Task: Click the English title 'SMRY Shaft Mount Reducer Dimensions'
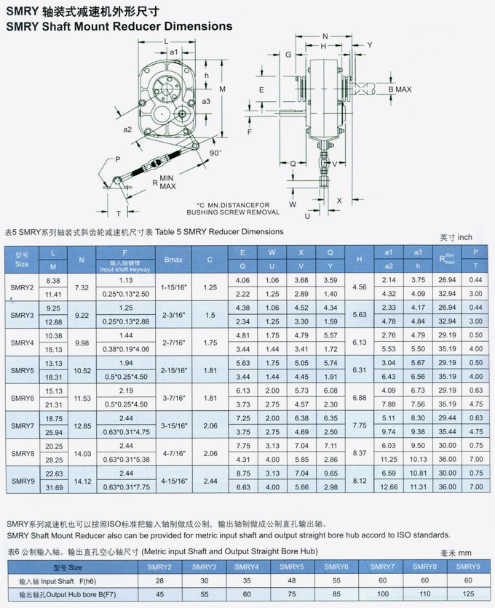pos(119,26)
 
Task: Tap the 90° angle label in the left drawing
pos(214,153)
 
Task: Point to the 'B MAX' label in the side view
pos(400,89)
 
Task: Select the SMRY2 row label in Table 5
pos(22,287)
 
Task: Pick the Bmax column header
pos(173,260)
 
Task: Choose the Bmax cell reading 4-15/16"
pos(173,480)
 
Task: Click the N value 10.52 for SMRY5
pos(82,369)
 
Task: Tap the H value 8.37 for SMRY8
pos(359,452)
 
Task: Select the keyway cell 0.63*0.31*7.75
pos(125,487)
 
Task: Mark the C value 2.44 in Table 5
pos(210,480)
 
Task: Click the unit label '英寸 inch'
pos(456,237)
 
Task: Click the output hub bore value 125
pos(468,594)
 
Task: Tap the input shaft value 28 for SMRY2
pos(159,580)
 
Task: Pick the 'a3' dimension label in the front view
pos(206,101)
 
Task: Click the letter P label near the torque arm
pos(117,159)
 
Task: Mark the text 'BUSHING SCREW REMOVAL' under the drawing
pos(238,212)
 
